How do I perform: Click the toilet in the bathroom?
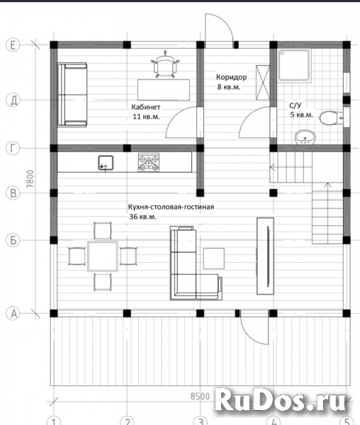pos(331,118)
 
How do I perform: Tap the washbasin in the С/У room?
pos(305,137)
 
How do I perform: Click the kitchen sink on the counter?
pos(106,163)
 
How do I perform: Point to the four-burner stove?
pos(149,162)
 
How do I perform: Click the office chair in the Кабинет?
pos(165,65)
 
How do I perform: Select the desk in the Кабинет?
pos(164,90)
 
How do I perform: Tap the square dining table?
pos(103,256)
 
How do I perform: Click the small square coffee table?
pos(214,259)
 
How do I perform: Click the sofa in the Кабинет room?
pos(72,95)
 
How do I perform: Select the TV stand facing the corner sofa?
pos(265,256)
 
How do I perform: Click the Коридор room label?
pos(232,77)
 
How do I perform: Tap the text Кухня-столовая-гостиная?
pos(171,207)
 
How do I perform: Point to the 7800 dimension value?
pos(30,179)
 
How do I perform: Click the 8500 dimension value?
pos(200,397)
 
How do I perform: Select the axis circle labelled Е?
pos(13,45)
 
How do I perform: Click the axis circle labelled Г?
pos(13,149)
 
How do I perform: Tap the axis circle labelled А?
pos(13,314)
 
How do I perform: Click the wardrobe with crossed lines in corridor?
pos(263,82)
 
